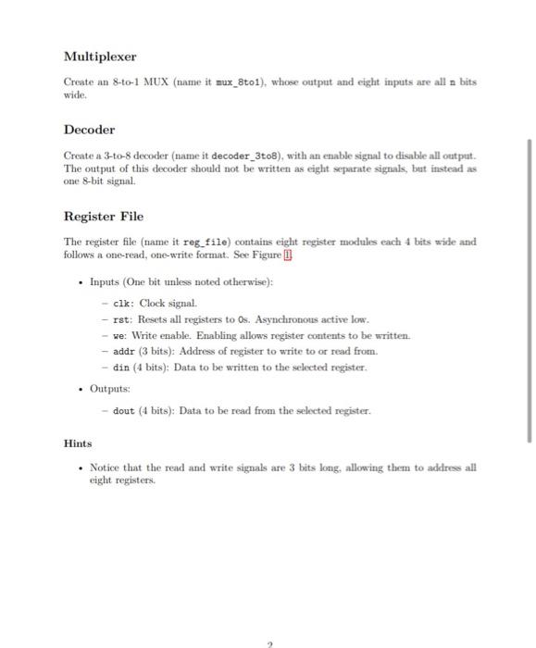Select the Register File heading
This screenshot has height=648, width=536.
point(103,217)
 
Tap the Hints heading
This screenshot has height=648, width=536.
point(77,443)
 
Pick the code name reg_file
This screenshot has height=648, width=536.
point(214,243)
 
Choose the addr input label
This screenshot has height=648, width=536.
point(124,352)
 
